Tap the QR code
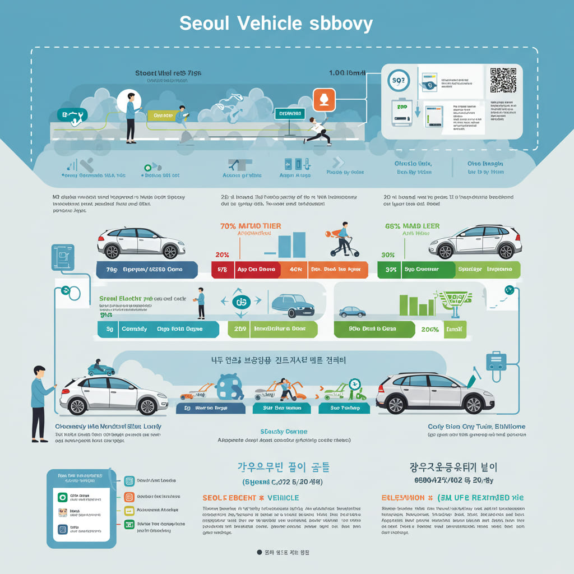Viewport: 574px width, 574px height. [502, 80]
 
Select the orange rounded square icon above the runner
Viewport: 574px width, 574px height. [324, 100]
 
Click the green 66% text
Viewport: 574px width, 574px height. [393, 226]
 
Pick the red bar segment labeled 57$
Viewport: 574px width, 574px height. [222, 270]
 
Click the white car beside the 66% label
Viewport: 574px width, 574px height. [475, 242]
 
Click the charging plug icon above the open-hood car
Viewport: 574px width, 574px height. [496, 360]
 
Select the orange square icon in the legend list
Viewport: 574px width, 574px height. [129, 496]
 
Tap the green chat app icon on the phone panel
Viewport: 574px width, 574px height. [63, 497]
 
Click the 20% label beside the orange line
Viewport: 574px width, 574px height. [222, 254]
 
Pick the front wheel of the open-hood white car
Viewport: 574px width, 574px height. [473, 404]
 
